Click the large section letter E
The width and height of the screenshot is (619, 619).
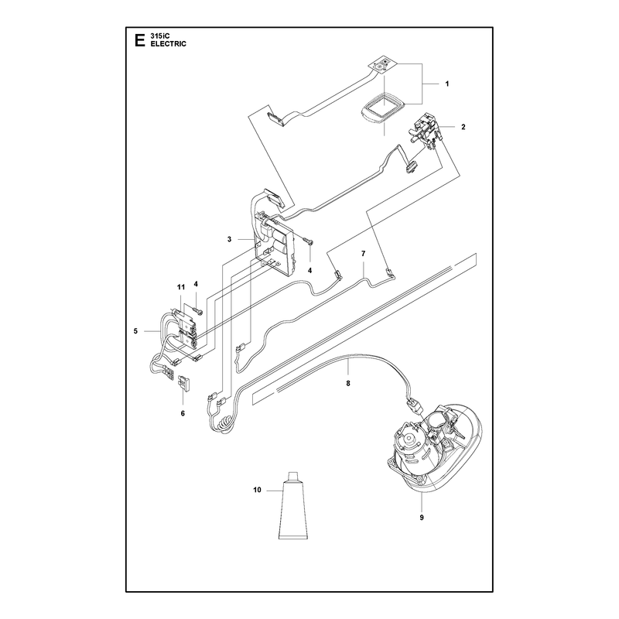[x=139, y=40]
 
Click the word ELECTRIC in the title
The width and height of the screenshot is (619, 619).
[x=168, y=44]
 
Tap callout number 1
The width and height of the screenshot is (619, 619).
[x=447, y=84]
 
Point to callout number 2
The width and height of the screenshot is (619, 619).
[x=463, y=127]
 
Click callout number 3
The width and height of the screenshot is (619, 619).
[x=229, y=239]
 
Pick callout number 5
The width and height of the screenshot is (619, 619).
[x=135, y=331]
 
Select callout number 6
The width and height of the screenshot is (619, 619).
[x=183, y=413]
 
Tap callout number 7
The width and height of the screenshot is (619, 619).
[x=363, y=254]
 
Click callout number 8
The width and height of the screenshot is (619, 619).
[x=347, y=383]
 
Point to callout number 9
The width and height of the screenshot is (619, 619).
[x=422, y=517]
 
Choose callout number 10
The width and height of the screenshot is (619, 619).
[x=257, y=490]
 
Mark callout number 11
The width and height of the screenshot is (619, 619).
[x=181, y=287]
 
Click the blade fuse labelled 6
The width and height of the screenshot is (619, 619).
[x=185, y=382]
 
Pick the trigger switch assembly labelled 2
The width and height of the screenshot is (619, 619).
[x=426, y=128]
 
